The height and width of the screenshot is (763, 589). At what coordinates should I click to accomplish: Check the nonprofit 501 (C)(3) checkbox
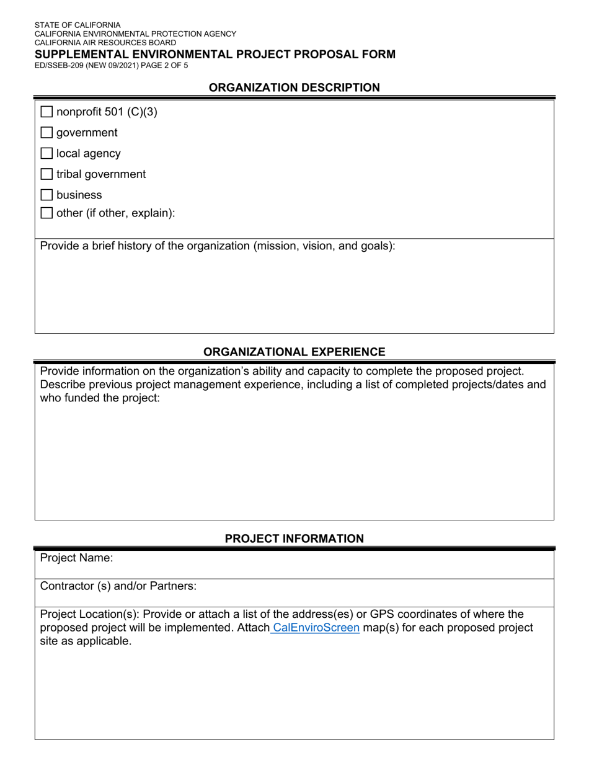[x=46, y=112]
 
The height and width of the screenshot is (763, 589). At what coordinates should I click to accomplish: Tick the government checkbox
[x=46, y=133]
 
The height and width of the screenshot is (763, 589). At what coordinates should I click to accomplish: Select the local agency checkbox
[x=46, y=154]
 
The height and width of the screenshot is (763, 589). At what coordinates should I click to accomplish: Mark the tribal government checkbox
[x=46, y=174]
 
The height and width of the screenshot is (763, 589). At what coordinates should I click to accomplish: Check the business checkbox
[x=46, y=195]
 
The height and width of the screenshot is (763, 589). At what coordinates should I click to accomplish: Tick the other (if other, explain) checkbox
[x=46, y=213]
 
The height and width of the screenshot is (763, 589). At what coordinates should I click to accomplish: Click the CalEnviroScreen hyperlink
[x=316, y=628]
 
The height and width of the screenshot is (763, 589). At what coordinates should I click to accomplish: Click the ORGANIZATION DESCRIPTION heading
[x=294, y=88]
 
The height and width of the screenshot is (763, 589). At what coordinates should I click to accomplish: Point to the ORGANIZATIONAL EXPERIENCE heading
[x=294, y=352]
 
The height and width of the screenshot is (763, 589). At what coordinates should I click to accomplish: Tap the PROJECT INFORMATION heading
[x=294, y=539]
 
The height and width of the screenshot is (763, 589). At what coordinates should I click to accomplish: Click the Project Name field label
[x=76, y=558]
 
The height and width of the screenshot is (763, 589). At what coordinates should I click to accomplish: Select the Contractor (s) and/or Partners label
[x=118, y=586]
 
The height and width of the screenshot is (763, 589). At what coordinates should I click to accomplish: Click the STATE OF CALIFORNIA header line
[x=77, y=25]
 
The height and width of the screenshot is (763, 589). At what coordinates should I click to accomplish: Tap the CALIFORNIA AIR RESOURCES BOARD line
[x=105, y=43]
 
